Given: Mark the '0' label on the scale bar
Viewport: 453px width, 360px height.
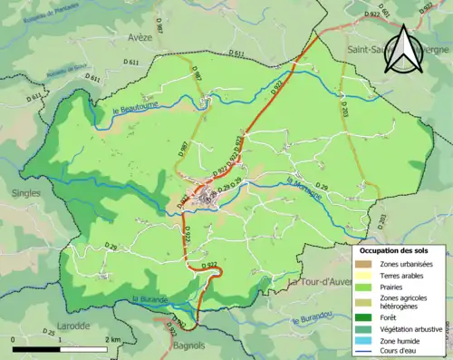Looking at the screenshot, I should coord(14,339).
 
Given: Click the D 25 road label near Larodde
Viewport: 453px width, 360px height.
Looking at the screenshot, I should coord(49,333).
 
